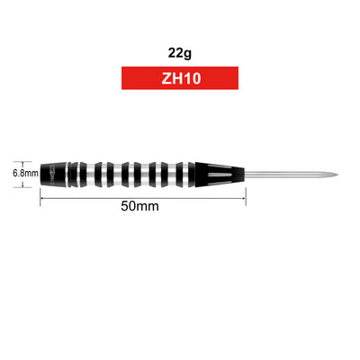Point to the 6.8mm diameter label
pos(24,170)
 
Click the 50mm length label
pos(139,206)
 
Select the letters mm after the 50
pos(149,206)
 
